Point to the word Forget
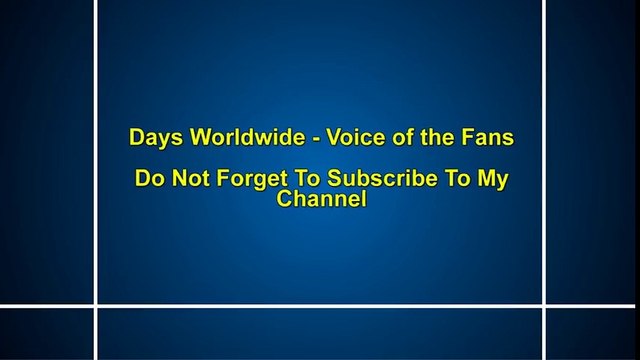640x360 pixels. click(x=241, y=182)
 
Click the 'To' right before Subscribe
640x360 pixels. click(x=291, y=182)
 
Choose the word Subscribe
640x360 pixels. click(x=359, y=182)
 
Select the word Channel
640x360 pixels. click(x=320, y=199)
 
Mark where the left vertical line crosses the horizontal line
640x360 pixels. click(x=97, y=305)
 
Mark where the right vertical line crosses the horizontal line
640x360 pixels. click(x=545, y=305)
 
